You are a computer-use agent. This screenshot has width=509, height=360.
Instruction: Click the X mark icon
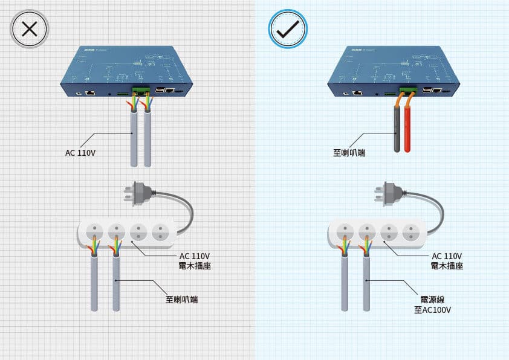pos(29,29)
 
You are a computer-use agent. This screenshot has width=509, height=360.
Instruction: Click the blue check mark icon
pos(288,29)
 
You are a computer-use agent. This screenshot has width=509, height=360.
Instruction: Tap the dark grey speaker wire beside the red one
pos(397,130)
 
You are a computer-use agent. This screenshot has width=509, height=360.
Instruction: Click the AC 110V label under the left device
pos(80,153)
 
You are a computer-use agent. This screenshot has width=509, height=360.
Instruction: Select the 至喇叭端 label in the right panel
pos(349,153)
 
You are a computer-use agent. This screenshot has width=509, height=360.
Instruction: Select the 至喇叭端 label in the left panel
pos(182,299)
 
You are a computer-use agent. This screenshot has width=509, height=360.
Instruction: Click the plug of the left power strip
pos(138,193)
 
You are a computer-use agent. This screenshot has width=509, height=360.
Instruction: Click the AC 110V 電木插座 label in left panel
pos(195,261)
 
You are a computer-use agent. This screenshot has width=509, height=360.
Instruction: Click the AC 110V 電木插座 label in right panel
pos(447,261)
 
